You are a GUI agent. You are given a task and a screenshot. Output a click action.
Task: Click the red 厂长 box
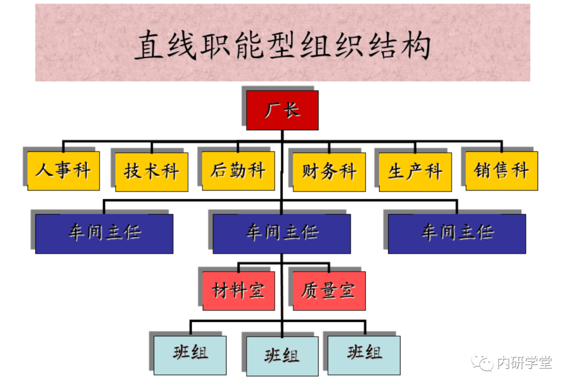pyautogui.click(x=282, y=110)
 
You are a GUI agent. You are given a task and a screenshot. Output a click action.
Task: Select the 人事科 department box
pyautogui.click(x=63, y=171)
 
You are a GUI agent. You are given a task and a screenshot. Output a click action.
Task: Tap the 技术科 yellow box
pyautogui.click(x=152, y=172)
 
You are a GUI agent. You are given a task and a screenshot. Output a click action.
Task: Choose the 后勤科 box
pyautogui.click(x=238, y=171)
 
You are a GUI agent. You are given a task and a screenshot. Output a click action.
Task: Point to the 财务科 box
pyautogui.click(x=329, y=172)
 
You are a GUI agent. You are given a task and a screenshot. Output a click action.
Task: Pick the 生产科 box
pyautogui.click(x=415, y=172)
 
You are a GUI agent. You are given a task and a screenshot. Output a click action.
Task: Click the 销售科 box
pyautogui.click(x=501, y=171)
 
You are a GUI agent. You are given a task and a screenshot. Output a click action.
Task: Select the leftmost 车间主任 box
pyautogui.click(x=104, y=233)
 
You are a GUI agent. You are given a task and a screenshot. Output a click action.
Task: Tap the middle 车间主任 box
pyautogui.click(x=282, y=233)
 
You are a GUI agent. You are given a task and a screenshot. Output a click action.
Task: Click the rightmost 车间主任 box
pyautogui.click(x=457, y=233)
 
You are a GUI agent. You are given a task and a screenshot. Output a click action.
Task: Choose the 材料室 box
pyautogui.click(x=238, y=291)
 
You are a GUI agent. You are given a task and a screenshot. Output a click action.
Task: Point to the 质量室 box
pyautogui.click(x=329, y=291)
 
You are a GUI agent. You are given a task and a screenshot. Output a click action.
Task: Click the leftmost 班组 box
pyautogui.click(x=190, y=355)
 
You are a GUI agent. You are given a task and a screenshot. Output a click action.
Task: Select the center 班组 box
pyautogui.click(x=282, y=356)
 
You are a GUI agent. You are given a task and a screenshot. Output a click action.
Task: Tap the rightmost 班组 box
pyautogui.click(x=364, y=355)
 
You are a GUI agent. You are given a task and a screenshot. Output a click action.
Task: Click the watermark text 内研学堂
pyautogui.click(x=524, y=363)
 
